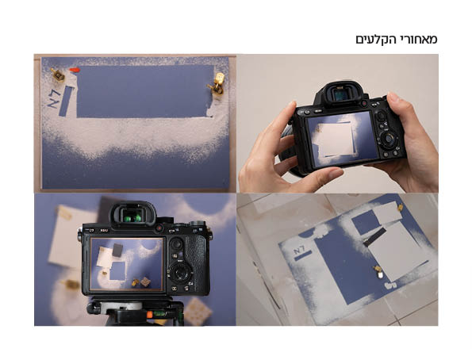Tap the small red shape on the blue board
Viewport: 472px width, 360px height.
click(x=75, y=70)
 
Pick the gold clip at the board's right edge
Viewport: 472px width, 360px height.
click(x=217, y=83)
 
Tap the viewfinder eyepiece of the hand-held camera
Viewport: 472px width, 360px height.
click(x=337, y=94)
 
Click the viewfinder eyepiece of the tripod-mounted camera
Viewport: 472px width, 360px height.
click(x=131, y=214)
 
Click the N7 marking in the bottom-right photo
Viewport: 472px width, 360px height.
click(x=300, y=252)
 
